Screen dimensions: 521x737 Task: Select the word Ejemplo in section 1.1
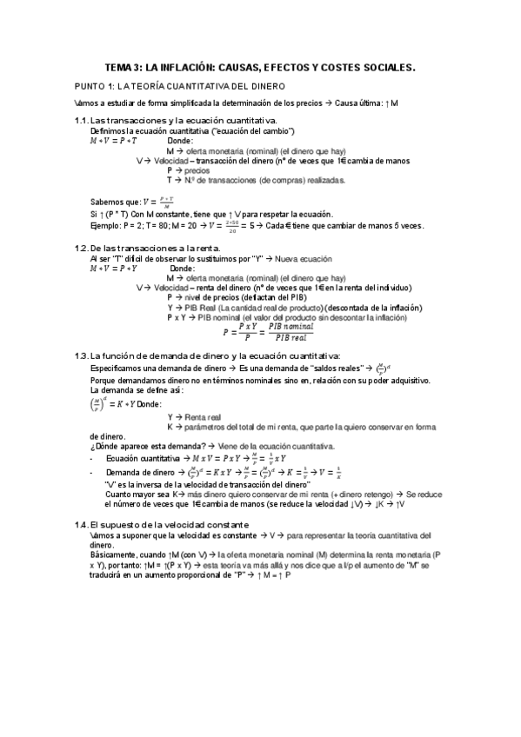pyautogui.click(x=107, y=225)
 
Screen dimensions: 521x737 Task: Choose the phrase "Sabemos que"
pyautogui.click(x=113, y=202)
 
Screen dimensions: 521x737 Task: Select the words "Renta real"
pyautogui.click(x=200, y=417)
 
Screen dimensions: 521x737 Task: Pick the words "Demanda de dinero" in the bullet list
pyautogui.click(x=139, y=470)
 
